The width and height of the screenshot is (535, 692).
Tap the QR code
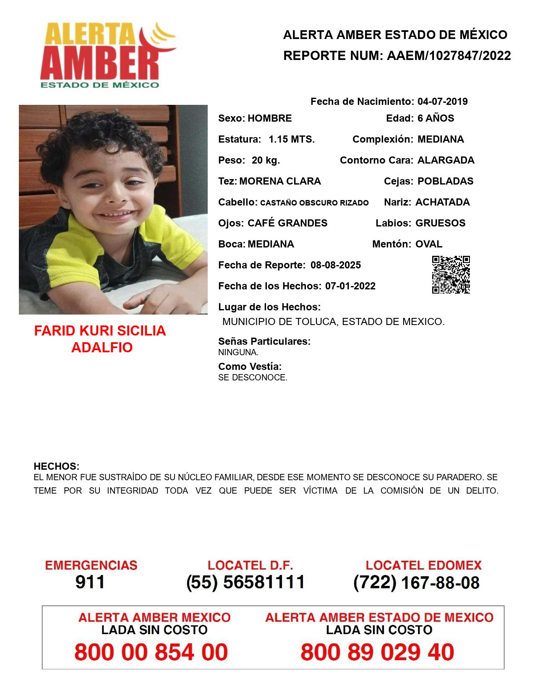click(x=451, y=275)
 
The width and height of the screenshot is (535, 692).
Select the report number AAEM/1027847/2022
click(x=449, y=56)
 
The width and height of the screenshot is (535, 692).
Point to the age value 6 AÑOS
click(x=436, y=118)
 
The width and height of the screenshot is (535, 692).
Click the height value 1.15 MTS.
click(x=292, y=139)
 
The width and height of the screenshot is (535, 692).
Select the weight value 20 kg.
click(x=266, y=160)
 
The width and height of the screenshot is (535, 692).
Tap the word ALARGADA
click(x=446, y=160)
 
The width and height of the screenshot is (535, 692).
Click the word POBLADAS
click(x=445, y=181)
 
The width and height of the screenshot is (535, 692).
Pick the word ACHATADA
click(x=442, y=202)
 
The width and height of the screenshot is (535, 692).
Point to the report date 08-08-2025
click(x=336, y=265)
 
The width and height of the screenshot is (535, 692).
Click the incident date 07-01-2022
click(x=350, y=286)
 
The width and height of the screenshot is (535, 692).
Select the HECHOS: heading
click(x=56, y=466)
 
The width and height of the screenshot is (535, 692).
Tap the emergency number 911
click(x=90, y=582)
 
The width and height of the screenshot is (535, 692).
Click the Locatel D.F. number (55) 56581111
click(x=245, y=582)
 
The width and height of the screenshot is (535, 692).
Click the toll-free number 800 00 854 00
click(x=151, y=652)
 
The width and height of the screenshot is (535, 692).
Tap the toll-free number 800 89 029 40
click(x=377, y=652)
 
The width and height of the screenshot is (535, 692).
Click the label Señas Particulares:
click(x=264, y=341)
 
